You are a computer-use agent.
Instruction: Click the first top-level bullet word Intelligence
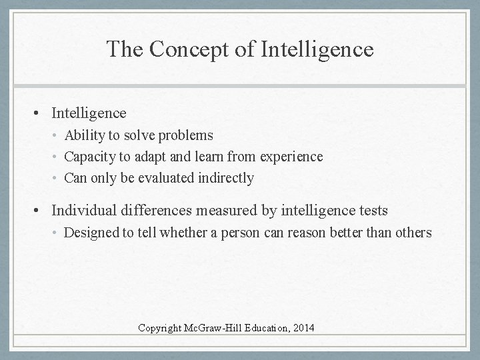(x=89, y=114)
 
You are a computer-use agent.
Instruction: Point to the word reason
(x=315, y=233)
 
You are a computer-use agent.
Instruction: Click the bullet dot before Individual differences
(x=41, y=211)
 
